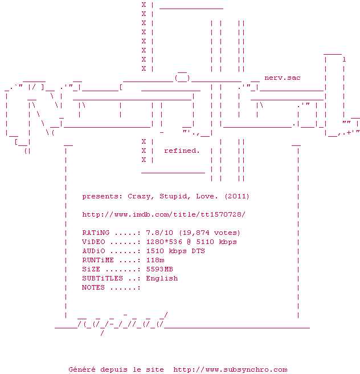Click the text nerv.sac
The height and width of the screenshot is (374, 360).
click(x=283, y=78)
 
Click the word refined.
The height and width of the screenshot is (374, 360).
click(x=182, y=151)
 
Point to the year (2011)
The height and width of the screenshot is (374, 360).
click(x=236, y=196)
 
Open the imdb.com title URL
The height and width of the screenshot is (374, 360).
click(x=163, y=214)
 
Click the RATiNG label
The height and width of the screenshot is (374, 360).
click(x=96, y=233)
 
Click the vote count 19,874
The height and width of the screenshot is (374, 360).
click(x=198, y=233)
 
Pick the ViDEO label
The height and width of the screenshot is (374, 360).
click(x=93, y=242)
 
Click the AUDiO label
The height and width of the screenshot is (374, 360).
click(x=93, y=251)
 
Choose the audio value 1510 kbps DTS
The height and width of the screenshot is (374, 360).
click(x=175, y=251)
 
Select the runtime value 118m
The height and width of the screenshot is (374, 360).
click(x=154, y=260)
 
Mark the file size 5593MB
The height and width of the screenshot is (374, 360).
click(x=159, y=269)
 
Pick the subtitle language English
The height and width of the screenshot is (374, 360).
click(x=161, y=278)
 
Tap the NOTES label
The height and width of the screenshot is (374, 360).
click(x=93, y=287)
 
